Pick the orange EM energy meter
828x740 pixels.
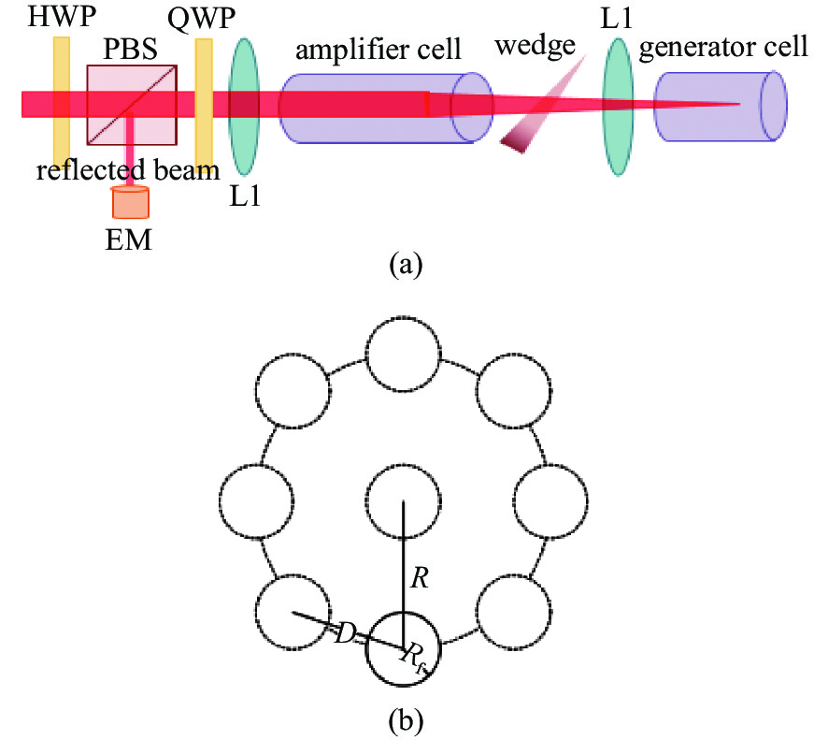coord(129,201)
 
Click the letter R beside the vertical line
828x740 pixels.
coord(420,578)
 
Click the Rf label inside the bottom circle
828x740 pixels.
coord(414,656)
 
